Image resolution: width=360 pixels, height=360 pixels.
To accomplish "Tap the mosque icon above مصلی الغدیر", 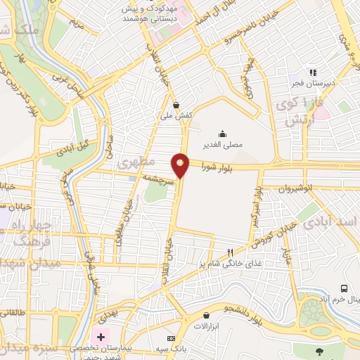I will [222, 134].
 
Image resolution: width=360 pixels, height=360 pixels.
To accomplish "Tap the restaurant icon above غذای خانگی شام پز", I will [229, 252].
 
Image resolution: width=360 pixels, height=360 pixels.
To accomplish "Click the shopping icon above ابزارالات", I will [205, 315].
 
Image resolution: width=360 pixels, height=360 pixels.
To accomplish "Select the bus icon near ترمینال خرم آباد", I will [344, 288].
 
